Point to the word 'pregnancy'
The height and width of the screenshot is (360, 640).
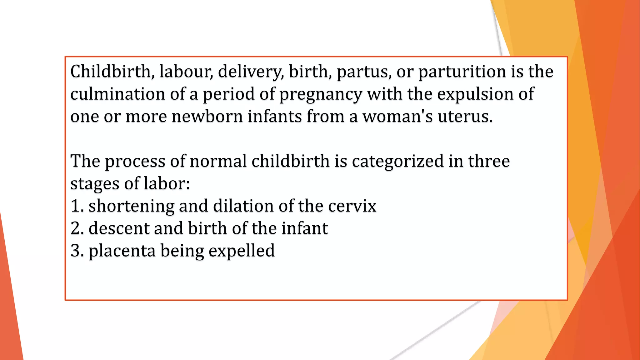point(321,95)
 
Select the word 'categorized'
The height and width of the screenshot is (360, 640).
point(398,162)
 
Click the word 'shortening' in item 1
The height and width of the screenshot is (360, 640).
point(131,206)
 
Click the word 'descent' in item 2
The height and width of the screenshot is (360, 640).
point(119,228)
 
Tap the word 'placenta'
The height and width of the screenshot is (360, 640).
point(122,251)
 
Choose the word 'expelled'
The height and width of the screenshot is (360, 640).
point(242,251)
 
